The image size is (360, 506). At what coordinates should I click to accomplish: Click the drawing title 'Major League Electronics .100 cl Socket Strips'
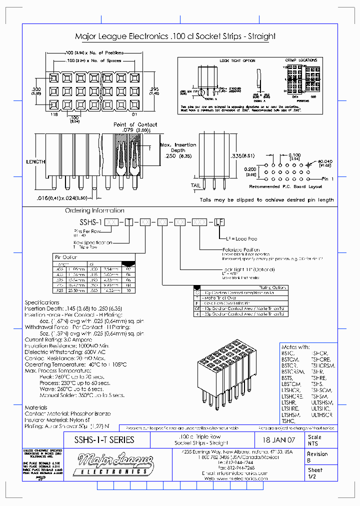174,36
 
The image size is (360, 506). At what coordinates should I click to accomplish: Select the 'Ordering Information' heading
94,210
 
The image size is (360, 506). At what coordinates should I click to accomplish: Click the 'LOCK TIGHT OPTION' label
237,61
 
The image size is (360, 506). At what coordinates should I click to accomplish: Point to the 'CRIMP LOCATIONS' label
301,60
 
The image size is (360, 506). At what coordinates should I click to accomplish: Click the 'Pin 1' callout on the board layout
327,178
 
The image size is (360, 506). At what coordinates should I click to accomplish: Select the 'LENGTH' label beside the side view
36,162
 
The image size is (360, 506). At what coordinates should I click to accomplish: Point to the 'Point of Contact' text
135,124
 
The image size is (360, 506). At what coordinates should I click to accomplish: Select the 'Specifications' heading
42,302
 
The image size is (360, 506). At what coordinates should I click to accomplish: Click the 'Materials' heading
36,407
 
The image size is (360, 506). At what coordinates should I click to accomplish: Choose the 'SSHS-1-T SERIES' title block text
104,440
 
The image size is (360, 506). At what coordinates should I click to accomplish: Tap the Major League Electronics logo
114,463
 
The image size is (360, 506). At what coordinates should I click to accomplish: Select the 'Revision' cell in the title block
317,454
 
